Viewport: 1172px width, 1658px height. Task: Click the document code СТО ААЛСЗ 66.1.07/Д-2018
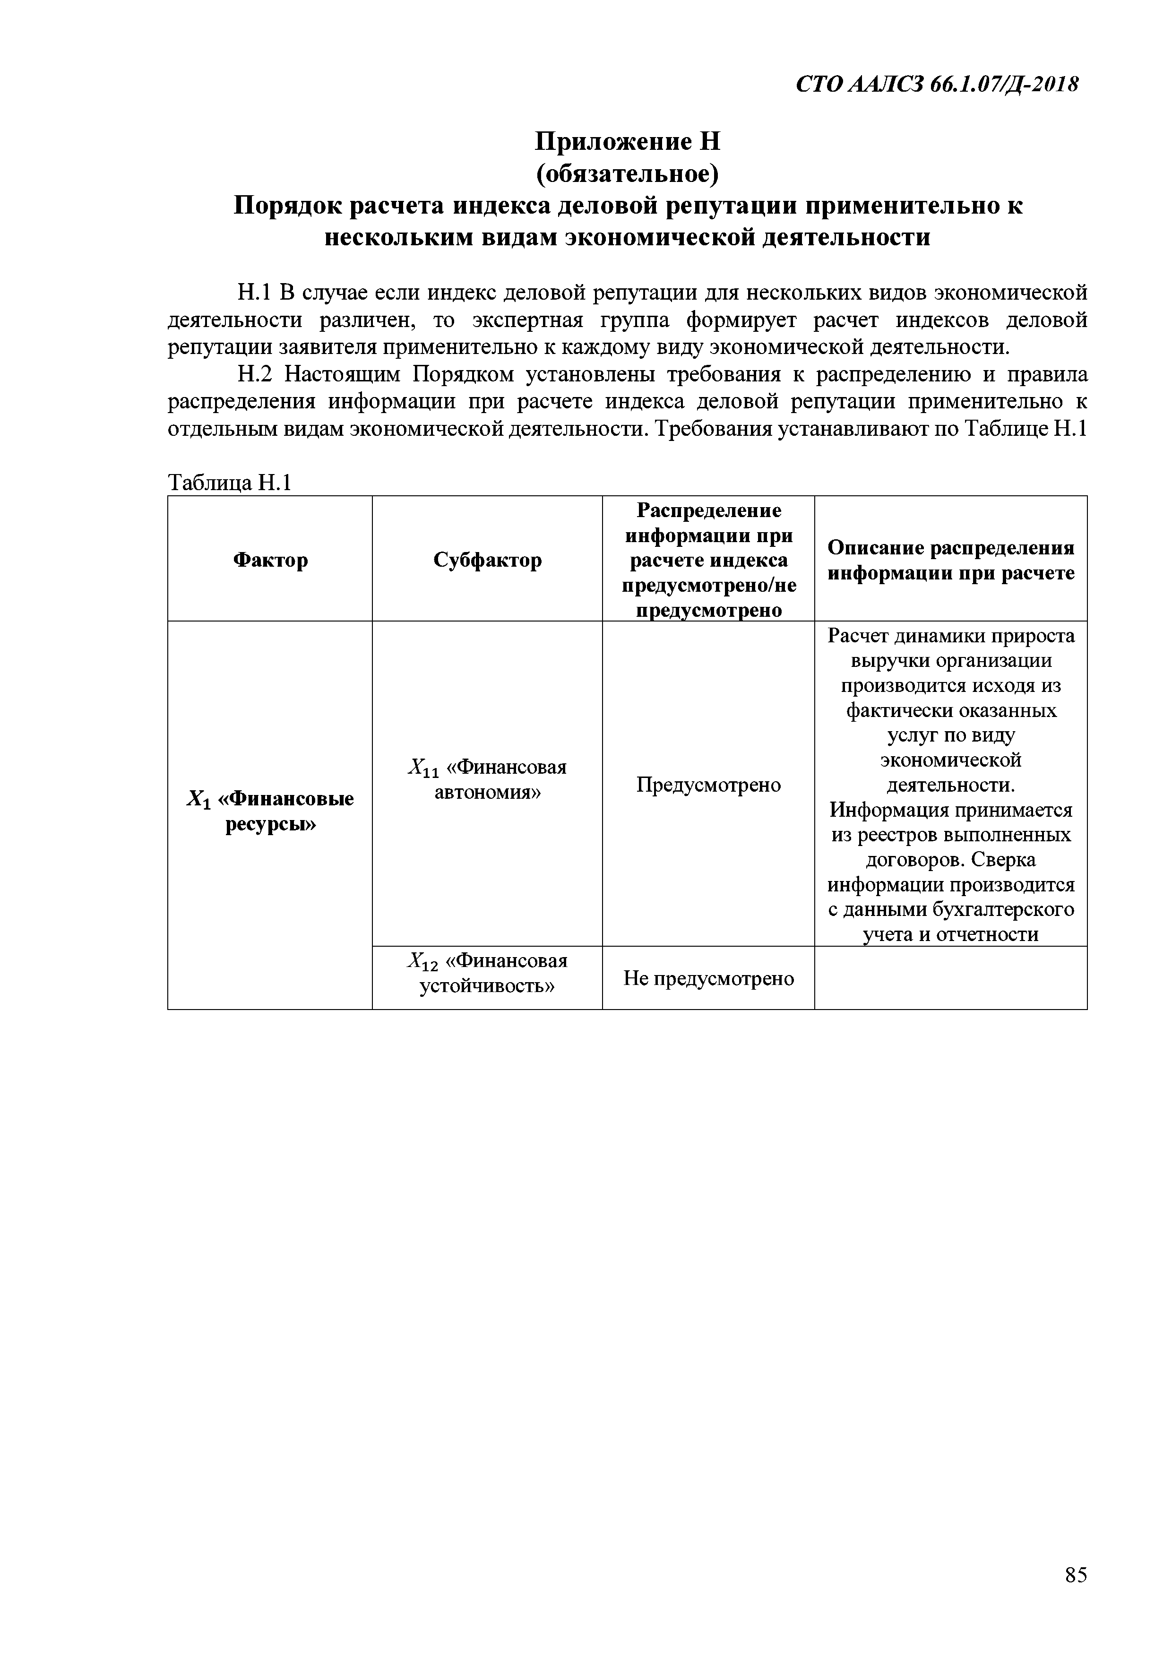(937, 85)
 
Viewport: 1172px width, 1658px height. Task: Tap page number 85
(1075, 1595)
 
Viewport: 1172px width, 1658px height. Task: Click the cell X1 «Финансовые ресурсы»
(270, 811)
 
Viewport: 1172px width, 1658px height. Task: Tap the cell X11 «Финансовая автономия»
(487, 779)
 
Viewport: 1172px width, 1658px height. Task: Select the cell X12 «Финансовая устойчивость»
(487, 973)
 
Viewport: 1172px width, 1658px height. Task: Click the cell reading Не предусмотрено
(708, 978)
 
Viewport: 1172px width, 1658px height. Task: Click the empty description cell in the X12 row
(950, 978)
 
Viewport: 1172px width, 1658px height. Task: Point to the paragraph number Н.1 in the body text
(253, 293)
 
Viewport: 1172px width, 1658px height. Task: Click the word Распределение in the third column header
(708, 510)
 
